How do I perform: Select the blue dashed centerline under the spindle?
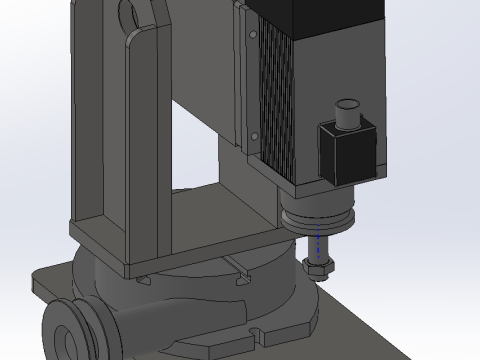[x=318, y=244]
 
